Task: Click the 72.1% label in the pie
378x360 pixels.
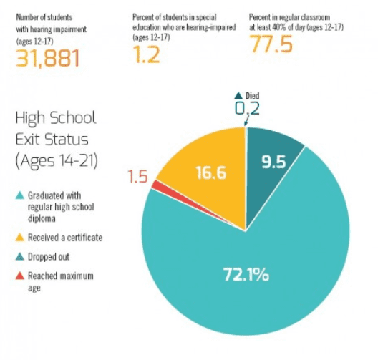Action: click(246, 273)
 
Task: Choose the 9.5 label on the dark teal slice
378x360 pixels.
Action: click(273, 162)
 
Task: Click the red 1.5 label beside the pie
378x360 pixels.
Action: click(137, 176)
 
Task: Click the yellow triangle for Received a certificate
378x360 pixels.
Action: click(20, 238)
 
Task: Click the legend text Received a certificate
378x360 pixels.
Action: click(64, 238)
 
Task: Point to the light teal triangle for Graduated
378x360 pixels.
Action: click(20, 195)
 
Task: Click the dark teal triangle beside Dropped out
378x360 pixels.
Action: click(20, 256)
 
